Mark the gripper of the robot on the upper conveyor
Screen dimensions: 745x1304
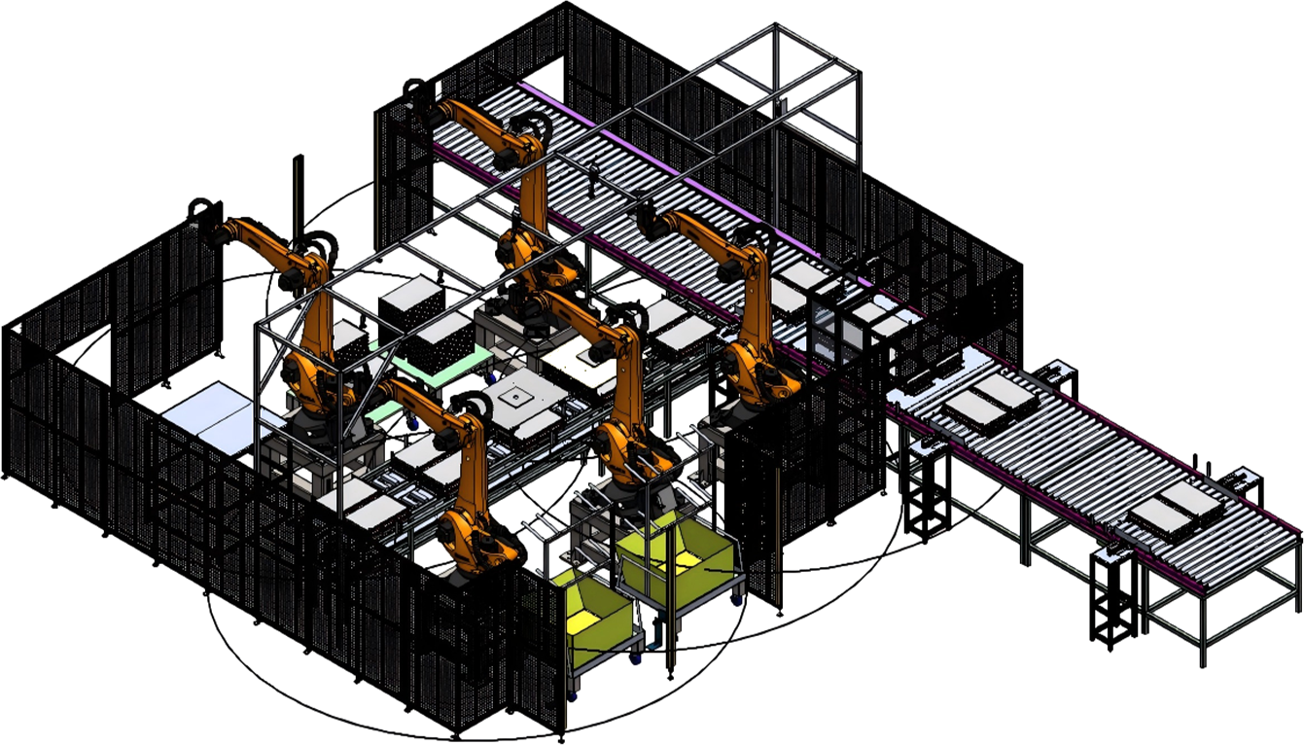pos(418,97)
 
